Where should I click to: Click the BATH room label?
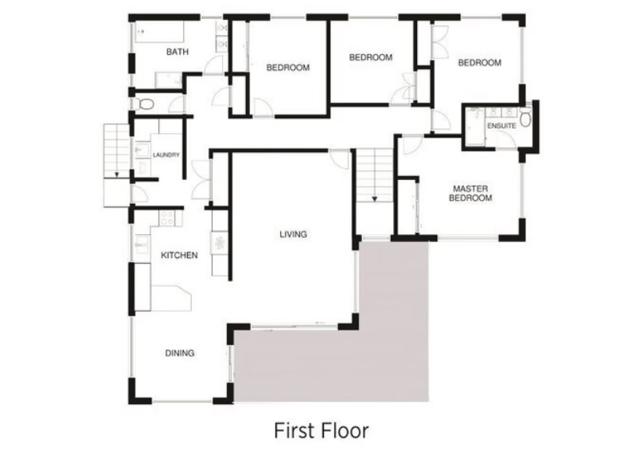click(x=177, y=52)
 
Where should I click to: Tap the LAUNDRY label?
click(x=166, y=155)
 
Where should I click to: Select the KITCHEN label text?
click(x=179, y=256)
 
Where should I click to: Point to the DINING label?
click(x=180, y=353)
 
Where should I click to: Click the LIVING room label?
click(x=294, y=234)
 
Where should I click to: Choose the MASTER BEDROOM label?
click(x=470, y=194)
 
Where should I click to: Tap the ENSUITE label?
click(x=501, y=126)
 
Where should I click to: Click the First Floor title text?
click(x=322, y=430)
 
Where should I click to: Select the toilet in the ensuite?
click(x=525, y=117)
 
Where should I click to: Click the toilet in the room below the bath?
click(x=145, y=104)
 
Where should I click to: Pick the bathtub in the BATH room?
click(x=159, y=32)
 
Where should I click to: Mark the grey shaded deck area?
click(x=332, y=356)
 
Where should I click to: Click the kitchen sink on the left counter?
click(x=141, y=245)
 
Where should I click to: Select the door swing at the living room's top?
click(x=339, y=159)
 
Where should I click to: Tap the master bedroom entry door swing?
click(x=412, y=145)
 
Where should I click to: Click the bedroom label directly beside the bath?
click(x=288, y=68)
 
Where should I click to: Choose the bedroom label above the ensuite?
click(x=480, y=63)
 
